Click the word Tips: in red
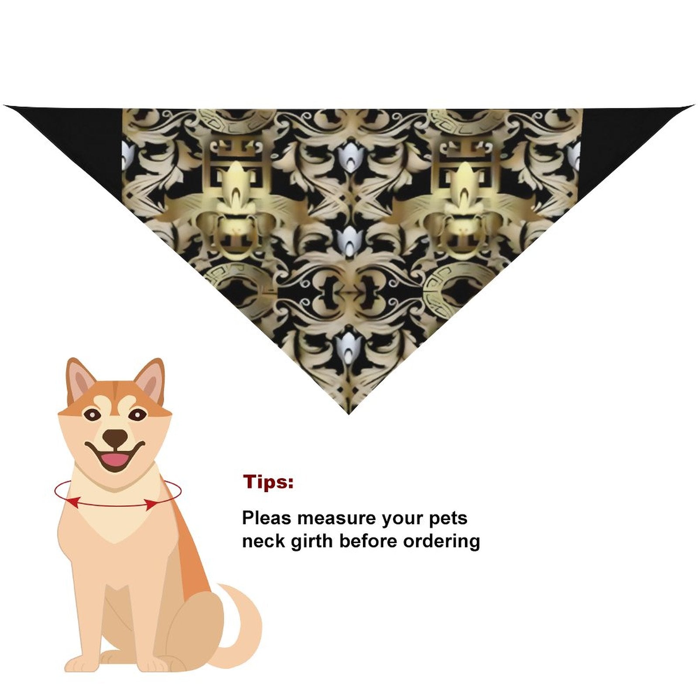tap(268, 482)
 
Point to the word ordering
tap(441, 541)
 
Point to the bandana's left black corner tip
tap(4, 106)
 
